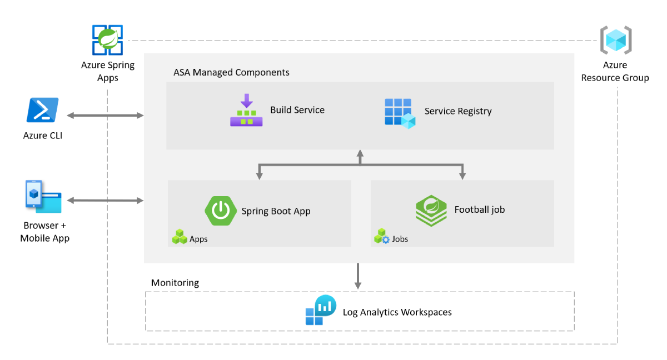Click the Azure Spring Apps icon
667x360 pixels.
point(108,40)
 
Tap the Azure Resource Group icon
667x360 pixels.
point(615,40)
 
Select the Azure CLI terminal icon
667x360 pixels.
point(42,110)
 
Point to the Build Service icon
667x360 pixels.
point(246,110)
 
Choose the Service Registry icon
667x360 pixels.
point(400,113)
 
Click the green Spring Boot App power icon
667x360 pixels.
point(221,211)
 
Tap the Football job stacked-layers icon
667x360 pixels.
point(431,211)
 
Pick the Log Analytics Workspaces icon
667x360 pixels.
point(321,311)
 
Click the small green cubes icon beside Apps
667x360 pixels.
point(180,237)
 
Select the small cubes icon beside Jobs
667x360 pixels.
point(382,237)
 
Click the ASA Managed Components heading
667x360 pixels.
point(231,73)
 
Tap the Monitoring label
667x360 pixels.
point(175,283)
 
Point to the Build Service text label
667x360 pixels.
point(297,110)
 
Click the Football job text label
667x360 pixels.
point(479,209)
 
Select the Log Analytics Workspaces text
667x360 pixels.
point(397,312)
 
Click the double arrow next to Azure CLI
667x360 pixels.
point(105,115)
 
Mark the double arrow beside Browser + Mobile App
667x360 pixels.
point(105,200)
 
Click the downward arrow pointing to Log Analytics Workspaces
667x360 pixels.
point(358,276)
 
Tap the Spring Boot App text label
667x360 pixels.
point(276,211)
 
